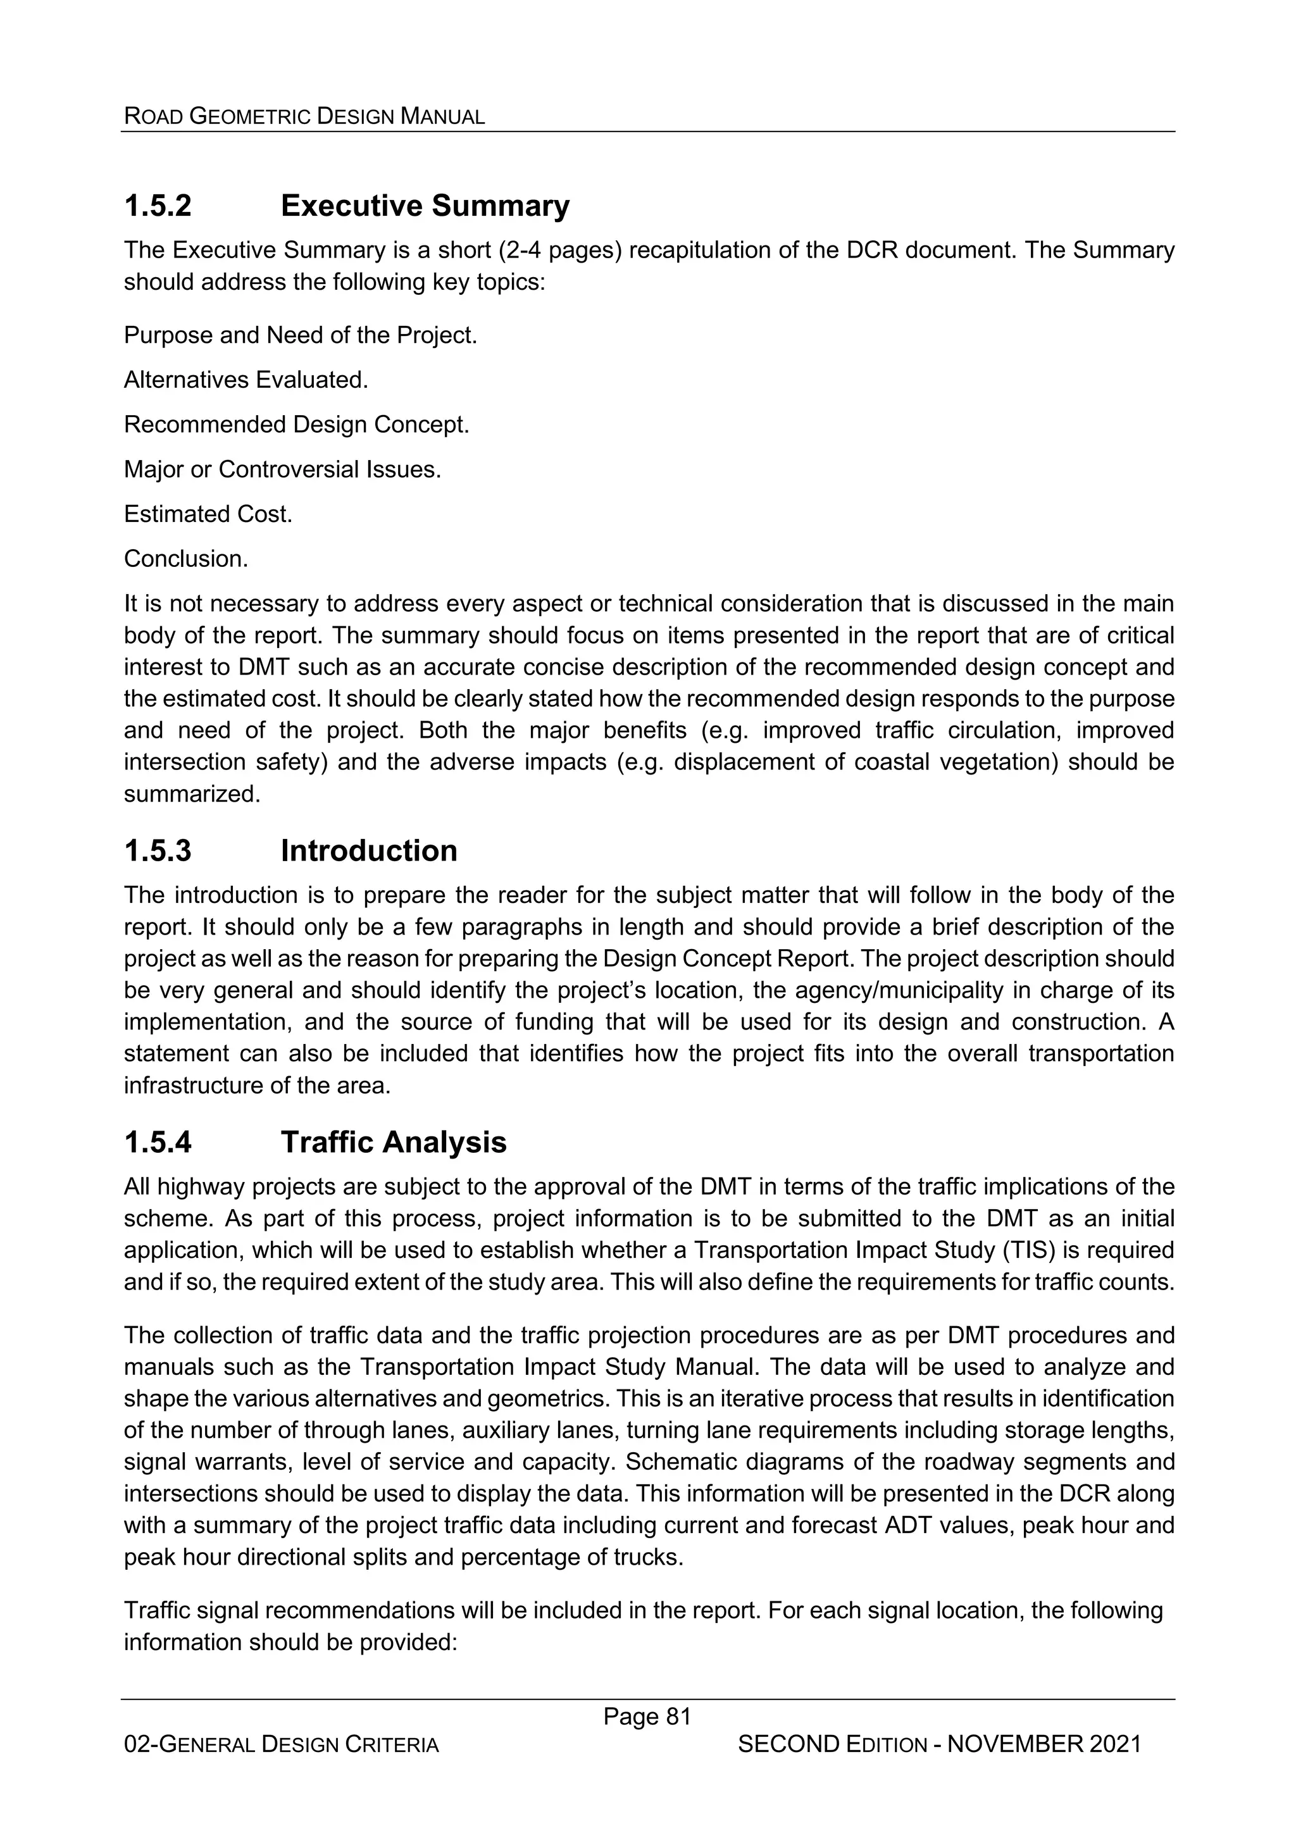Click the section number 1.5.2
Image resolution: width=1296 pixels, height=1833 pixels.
click(158, 206)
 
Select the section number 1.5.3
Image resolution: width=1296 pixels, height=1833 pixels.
click(158, 851)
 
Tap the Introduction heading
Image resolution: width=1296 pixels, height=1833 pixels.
click(368, 851)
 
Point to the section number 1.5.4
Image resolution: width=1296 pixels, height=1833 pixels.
click(158, 1143)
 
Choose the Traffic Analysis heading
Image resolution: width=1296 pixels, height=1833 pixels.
click(393, 1143)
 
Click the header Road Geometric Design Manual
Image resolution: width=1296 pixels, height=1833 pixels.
click(304, 116)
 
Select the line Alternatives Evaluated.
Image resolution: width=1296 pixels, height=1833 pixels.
click(246, 380)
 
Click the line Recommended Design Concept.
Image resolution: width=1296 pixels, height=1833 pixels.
click(296, 425)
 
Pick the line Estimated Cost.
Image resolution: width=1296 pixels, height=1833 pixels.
click(208, 514)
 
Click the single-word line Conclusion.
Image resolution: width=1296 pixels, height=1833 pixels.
click(186, 559)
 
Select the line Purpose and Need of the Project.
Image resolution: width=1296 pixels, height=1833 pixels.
click(300, 335)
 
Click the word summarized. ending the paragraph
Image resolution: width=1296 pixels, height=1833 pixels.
click(192, 794)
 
